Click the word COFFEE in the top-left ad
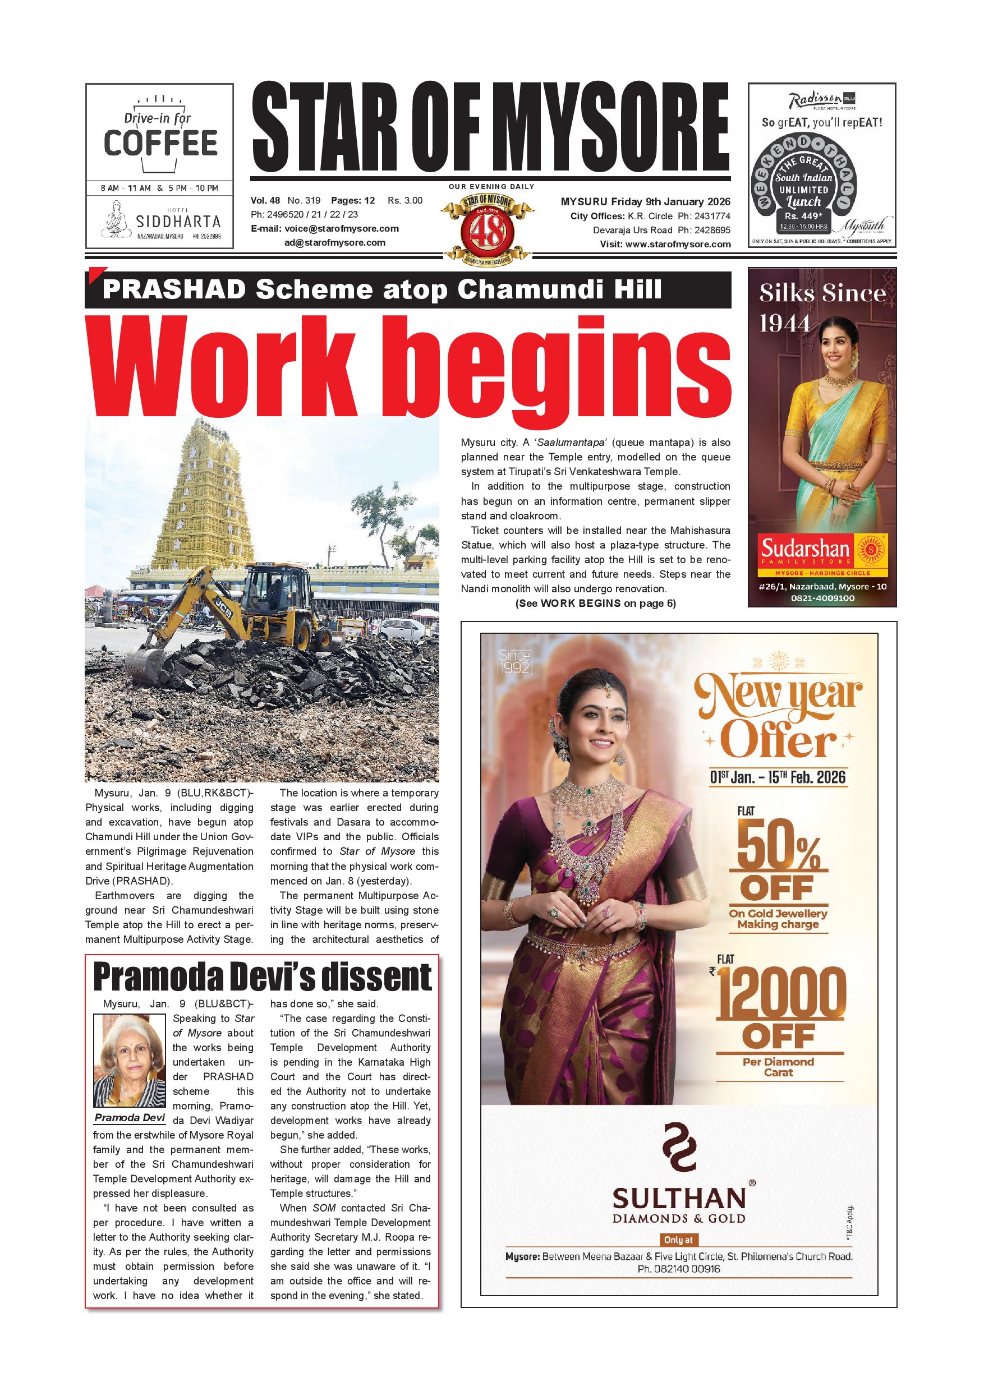coord(160,143)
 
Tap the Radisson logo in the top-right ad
coord(815,100)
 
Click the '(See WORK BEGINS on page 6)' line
coord(595,604)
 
